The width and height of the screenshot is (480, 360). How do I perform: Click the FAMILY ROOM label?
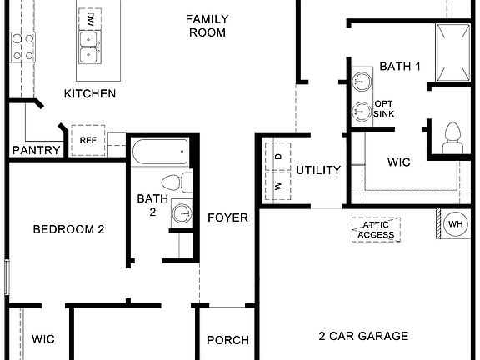tap(207, 26)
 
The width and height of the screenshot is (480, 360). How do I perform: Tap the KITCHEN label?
tap(90, 93)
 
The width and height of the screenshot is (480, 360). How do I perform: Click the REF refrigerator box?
tap(87, 141)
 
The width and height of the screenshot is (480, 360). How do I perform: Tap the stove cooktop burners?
tap(22, 47)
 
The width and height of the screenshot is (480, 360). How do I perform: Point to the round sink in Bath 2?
tap(182, 213)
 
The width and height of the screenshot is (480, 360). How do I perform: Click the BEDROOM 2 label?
tap(68, 229)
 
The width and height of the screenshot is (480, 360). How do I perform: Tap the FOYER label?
tap(228, 218)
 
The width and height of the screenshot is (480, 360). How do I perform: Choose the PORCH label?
tap(227, 340)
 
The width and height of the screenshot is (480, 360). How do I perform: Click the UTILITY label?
tap(318, 171)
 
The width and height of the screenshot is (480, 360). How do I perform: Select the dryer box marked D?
tap(277, 155)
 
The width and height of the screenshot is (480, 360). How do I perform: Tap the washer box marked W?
tap(277, 185)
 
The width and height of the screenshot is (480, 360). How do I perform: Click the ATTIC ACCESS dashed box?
tap(376, 229)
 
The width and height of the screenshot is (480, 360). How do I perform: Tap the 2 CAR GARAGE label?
tap(363, 337)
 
